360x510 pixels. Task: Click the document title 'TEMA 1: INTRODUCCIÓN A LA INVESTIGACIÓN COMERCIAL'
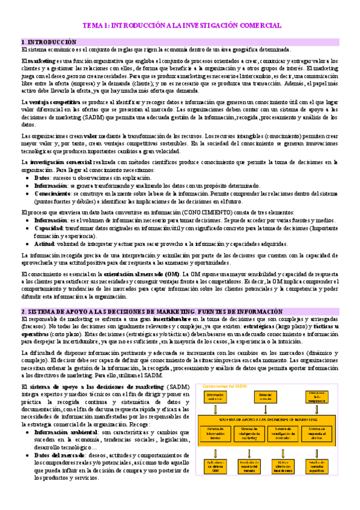tap(182, 26)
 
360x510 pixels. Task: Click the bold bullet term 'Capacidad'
tap(49, 229)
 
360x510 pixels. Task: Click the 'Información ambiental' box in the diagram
tap(215, 397)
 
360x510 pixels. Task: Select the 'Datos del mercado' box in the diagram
tap(266, 397)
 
